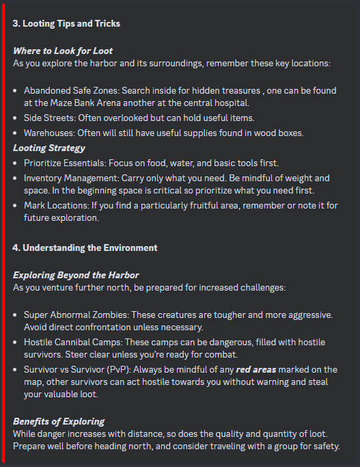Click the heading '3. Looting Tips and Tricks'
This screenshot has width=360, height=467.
click(66, 23)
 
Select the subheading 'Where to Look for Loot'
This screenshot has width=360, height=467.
click(63, 51)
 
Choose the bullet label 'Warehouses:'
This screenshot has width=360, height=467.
click(50, 132)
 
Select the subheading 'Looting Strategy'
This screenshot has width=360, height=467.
click(49, 147)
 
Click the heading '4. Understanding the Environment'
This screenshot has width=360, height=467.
click(85, 248)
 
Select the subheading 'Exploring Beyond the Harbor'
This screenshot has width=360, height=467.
click(76, 275)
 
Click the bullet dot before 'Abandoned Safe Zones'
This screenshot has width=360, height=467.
click(16, 90)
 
